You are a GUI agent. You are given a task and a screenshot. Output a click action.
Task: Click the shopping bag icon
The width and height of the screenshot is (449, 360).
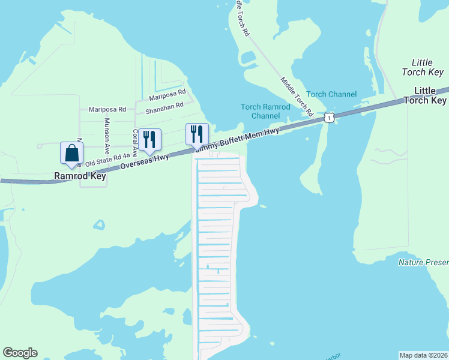71,152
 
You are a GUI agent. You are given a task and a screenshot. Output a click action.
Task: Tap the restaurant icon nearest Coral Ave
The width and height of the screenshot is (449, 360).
149,139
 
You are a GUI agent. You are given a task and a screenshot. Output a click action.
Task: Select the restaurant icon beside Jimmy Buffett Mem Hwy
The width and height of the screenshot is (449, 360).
197,134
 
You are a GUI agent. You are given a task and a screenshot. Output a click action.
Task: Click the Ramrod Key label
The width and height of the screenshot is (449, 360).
80,176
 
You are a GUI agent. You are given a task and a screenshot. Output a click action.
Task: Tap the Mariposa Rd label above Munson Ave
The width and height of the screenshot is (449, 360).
107,109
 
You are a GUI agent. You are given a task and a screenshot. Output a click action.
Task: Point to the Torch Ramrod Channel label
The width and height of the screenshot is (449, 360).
265,111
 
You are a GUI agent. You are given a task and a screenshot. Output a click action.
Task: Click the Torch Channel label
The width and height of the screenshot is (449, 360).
331,94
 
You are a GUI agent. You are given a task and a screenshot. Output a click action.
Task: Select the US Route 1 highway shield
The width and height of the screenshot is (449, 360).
328,118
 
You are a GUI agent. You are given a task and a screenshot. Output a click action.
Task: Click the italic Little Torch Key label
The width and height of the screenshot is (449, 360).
427,67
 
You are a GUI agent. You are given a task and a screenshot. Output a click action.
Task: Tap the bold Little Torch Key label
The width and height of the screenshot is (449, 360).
430,95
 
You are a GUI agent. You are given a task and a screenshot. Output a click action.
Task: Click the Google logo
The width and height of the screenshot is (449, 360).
20,353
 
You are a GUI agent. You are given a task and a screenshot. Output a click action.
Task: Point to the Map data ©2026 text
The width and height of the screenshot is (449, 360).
423,355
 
